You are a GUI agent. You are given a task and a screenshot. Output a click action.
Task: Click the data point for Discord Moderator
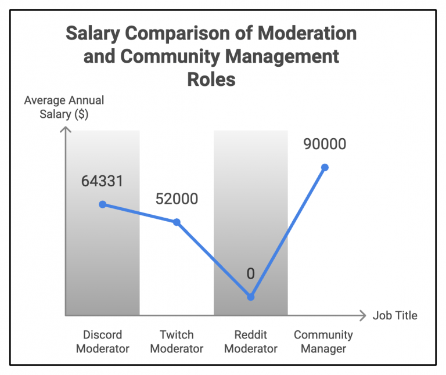(x=103, y=204)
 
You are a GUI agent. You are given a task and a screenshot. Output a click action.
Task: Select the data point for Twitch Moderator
(x=177, y=222)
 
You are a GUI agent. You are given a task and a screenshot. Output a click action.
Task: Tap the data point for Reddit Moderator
(x=251, y=297)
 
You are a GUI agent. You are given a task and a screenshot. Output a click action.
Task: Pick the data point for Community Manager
(x=325, y=167)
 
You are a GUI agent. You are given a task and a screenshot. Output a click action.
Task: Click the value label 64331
(x=102, y=181)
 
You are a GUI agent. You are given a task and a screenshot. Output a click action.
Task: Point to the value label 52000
(x=177, y=199)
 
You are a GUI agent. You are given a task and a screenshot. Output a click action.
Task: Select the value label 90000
(x=325, y=144)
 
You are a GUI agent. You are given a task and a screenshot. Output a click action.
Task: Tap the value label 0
(x=251, y=273)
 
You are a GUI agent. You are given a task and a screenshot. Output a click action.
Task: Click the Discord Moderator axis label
(x=103, y=341)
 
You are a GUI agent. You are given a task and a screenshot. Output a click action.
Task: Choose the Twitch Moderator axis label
(x=177, y=341)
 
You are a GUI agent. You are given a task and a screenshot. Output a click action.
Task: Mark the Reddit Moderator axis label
(x=251, y=341)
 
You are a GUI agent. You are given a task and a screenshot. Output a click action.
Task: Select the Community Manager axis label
(x=323, y=341)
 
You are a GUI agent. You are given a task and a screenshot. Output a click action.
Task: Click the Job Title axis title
(x=395, y=316)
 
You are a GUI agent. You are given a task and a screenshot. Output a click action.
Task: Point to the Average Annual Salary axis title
(x=64, y=107)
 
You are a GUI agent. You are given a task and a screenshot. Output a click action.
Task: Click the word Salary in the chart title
(x=92, y=33)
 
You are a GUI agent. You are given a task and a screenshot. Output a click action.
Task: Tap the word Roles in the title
(x=211, y=78)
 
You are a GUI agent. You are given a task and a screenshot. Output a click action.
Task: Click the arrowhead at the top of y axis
(x=66, y=131)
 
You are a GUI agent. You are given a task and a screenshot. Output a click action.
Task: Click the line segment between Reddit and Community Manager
(x=288, y=232)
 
